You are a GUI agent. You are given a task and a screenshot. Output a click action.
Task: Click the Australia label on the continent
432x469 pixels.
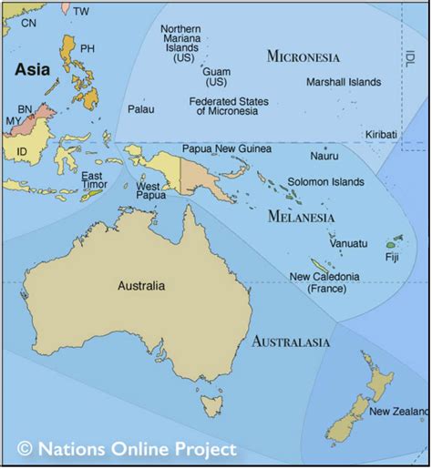[x=141, y=285]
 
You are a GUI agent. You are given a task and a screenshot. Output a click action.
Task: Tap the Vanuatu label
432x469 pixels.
[x=349, y=243]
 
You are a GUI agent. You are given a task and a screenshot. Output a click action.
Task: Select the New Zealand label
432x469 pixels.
[x=398, y=412]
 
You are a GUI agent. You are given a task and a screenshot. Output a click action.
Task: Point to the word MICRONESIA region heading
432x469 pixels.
[x=303, y=56]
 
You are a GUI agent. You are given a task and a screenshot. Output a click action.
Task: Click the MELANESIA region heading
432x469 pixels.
[x=302, y=217]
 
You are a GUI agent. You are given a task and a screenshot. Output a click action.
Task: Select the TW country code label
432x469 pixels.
[x=82, y=11]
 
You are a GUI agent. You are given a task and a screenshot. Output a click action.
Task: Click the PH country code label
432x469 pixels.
[x=87, y=48]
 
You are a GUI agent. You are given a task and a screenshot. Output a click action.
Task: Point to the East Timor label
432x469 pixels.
[x=92, y=181]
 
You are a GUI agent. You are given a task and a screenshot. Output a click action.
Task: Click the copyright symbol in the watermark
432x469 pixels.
[x=25, y=448]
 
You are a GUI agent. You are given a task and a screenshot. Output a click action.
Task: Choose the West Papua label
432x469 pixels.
[x=149, y=192]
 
